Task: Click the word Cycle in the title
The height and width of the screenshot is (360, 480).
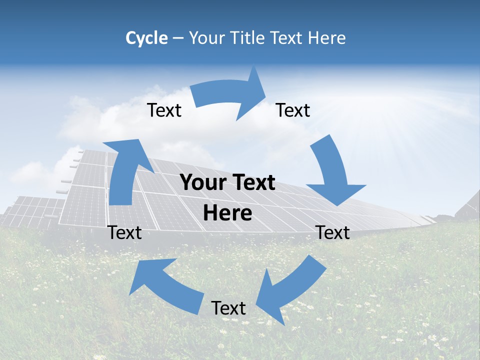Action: [x=146, y=38]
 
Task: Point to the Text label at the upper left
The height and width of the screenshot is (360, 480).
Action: [x=164, y=110]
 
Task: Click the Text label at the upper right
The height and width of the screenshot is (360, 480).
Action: [x=293, y=110]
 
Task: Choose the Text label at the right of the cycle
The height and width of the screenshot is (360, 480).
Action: [x=332, y=232]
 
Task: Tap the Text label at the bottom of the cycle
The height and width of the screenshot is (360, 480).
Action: [x=228, y=308]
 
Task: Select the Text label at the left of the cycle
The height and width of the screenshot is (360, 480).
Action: [x=124, y=232]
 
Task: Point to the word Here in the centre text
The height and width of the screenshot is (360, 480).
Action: [x=227, y=213]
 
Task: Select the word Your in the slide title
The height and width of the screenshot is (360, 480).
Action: [x=206, y=38]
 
